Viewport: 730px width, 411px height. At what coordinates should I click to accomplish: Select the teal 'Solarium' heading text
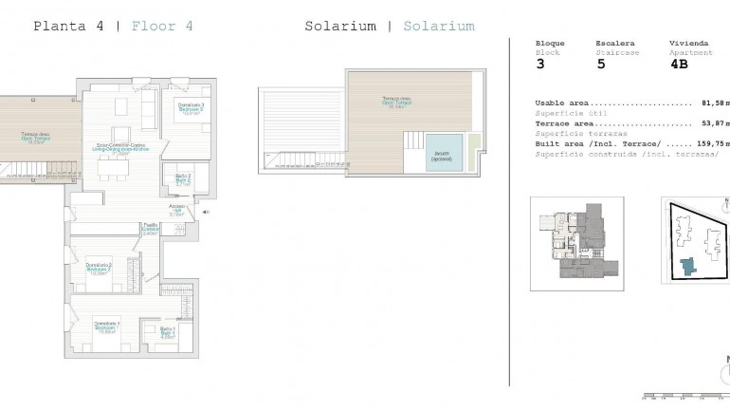[x=438, y=26]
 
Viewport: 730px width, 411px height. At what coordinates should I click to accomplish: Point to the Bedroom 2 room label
[x=99, y=267]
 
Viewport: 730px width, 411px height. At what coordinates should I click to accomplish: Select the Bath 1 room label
[x=168, y=332]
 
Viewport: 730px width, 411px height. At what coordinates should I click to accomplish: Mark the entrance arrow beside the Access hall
[x=206, y=213]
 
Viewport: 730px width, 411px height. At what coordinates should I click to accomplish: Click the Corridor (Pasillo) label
[x=150, y=229]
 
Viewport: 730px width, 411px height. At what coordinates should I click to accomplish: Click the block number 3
[x=540, y=65]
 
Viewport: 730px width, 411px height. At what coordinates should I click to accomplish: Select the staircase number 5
[x=600, y=65]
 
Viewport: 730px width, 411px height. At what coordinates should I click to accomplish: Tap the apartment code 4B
[x=679, y=65]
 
